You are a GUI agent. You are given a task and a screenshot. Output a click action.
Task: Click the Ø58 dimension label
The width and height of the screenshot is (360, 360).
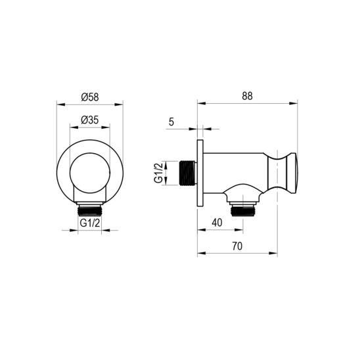click(90, 97)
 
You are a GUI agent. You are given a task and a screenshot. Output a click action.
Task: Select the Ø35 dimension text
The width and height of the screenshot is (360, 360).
click(90, 120)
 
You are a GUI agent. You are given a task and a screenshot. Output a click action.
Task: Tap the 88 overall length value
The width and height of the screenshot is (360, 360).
click(247, 96)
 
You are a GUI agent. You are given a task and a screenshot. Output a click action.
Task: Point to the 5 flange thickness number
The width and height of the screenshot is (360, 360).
click(171, 122)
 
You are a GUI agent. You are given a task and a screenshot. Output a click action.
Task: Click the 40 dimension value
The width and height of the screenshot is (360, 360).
click(217, 223)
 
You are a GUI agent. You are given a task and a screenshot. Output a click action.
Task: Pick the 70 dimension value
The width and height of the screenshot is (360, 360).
click(237, 246)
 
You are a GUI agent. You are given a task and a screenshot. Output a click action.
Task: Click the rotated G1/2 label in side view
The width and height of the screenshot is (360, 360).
click(158, 172)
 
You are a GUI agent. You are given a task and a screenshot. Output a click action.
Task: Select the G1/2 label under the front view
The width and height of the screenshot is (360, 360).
click(90, 223)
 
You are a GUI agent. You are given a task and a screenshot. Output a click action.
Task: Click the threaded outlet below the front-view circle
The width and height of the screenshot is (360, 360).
click(90, 210)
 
